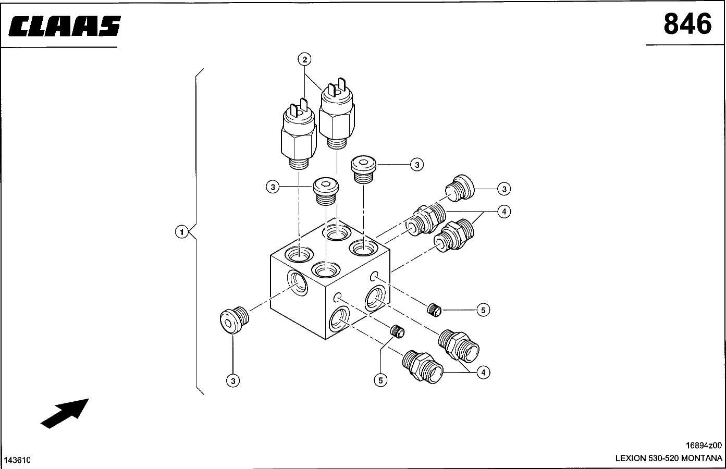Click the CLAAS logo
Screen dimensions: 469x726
pyautogui.click(x=65, y=26)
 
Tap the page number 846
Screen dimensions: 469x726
pyautogui.click(x=687, y=24)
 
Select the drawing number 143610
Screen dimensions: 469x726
pyautogui.click(x=18, y=460)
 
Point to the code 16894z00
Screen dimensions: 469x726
pyautogui.click(x=704, y=446)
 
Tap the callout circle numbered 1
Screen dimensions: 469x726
pyautogui.click(x=181, y=231)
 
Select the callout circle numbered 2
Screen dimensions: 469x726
pyautogui.click(x=305, y=59)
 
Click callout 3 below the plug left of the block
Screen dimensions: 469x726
pyautogui.click(x=233, y=381)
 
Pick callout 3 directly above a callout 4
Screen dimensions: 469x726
pyautogui.click(x=503, y=189)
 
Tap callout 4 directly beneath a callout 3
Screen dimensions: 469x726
pyautogui.click(x=503, y=212)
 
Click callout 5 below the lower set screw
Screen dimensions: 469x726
pyautogui.click(x=380, y=380)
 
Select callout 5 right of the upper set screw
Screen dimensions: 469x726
pyautogui.click(x=483, y=310)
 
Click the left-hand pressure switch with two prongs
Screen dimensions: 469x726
pyautogui.click(x=298, y=137)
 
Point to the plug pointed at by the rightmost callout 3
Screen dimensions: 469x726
pyautogui.click(x=462, y=188)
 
